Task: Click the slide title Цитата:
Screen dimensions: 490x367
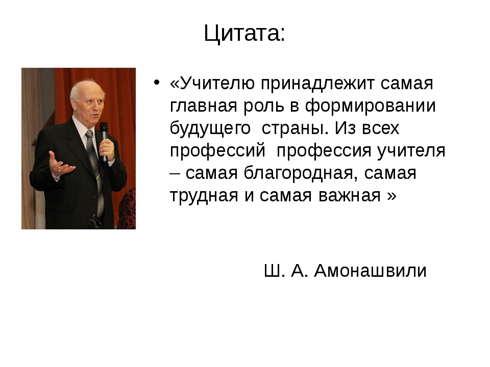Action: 244,34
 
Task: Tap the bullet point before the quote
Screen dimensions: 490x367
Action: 157,83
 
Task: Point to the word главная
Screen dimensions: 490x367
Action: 204,106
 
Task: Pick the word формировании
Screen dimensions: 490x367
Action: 370,107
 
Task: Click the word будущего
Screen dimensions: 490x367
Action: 210,128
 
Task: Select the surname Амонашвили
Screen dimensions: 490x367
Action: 370,270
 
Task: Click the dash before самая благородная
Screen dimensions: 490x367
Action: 175,174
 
